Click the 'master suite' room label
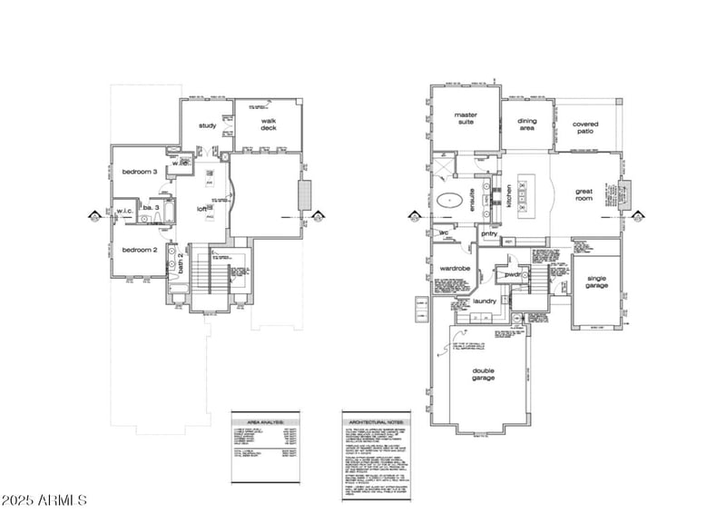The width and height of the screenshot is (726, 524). (465, 120)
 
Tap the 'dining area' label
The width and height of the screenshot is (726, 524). (527, 124)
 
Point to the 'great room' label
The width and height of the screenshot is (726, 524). (584, 194)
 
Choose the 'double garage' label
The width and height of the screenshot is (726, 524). (483, 374)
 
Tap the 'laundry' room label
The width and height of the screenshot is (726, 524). (484, 301)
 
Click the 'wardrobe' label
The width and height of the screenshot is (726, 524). (454, 269)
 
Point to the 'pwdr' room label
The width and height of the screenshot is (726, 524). (514, 273)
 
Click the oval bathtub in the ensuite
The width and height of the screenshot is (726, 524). (451, 201)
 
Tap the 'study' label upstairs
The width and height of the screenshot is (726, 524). (208, 125)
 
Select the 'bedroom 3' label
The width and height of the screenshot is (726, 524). (141, 172)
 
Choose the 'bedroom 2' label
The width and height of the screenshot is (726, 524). (141, 250)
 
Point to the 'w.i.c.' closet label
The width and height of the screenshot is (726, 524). (124, 211)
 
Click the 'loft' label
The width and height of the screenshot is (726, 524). (203, 209)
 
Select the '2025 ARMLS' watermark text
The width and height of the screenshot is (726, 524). (44, 500)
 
